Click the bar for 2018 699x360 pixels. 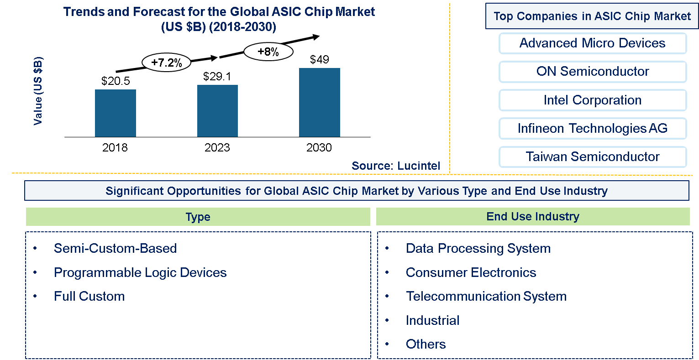click(115, 113)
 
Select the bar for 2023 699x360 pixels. click(217, 111)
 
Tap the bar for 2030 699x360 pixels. click(319, 102)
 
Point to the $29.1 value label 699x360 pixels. click(217, 76)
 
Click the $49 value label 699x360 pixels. click(319, 59)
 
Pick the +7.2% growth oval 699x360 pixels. click(167, 63)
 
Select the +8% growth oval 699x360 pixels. click(268, 52)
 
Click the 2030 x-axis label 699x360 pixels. click(319, 147)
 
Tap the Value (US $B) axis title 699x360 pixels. click(38, 91)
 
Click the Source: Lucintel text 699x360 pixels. click(396, 166)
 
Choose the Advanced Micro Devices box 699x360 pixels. click(592, 43)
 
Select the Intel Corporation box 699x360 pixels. click(592, 100)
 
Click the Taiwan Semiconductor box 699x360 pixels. click(592, 157)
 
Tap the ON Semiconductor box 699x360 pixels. click(592, 72)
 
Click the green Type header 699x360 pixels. click(198, 217)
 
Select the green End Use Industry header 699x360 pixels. click(533, 217)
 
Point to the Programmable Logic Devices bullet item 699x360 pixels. click(140, 272)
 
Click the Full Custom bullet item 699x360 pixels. click(89, 296)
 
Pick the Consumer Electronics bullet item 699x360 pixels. click(471, 272)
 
